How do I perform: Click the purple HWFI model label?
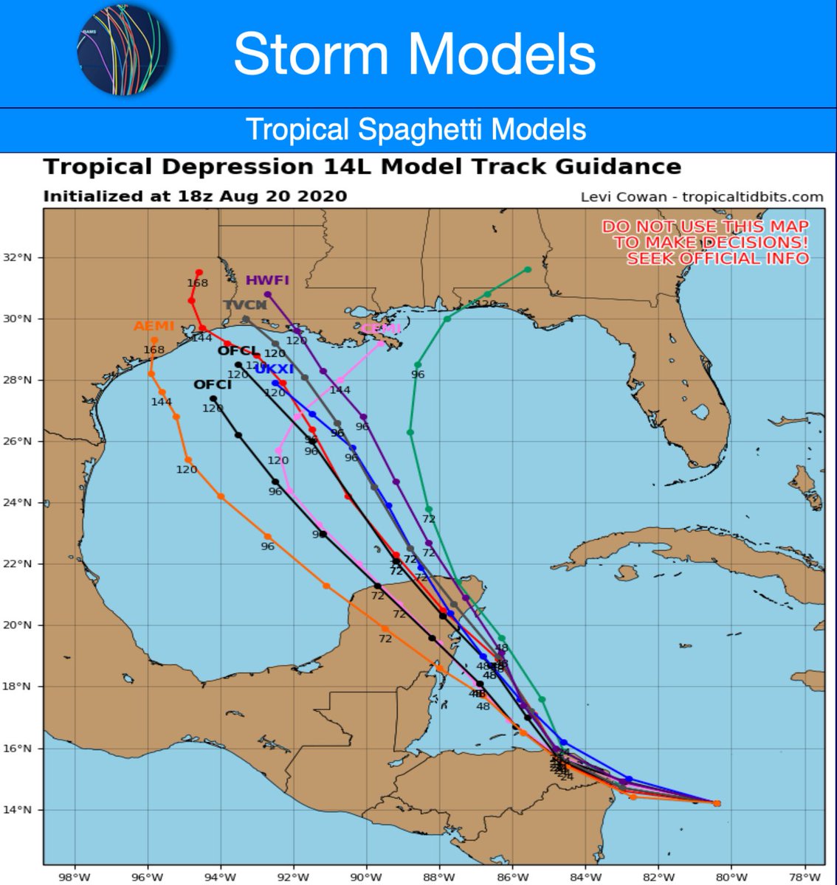267,280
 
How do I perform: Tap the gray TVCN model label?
244,305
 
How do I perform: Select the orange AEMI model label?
154,327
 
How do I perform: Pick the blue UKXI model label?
275,369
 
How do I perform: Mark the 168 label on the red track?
197,283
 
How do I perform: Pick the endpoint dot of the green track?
528,270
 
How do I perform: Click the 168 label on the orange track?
154,350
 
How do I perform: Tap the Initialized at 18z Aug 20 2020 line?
195,197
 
